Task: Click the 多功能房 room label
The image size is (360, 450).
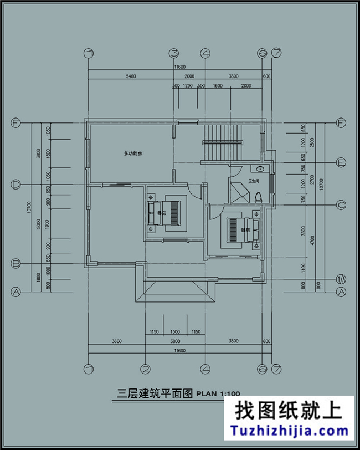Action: (133, 153)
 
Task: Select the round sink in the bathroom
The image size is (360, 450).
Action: (259, 168)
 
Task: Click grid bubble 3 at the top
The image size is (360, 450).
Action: (174, 53)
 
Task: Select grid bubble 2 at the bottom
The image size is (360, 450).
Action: (145, 369)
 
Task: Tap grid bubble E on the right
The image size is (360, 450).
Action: (342, 162)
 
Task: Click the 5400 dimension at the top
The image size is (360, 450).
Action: (130, 76)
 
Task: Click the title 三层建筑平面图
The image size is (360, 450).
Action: (155, 393)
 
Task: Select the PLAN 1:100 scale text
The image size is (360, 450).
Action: (218, 394)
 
